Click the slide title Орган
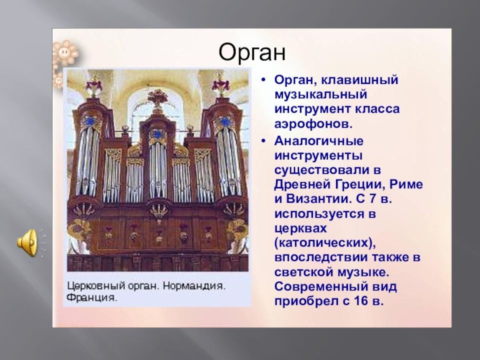pyautogui.click(x=252, y=53)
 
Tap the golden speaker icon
pyautogui.click(x=27, y=242)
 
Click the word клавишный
pyautogui.click(x=359, y=80)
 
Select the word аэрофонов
pyautogui.click(x=313, y=123)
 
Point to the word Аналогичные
pyautogui.click(x=318, y=141)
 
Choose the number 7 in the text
pyautogui.click(x=372, y=199)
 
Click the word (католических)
pyautogui.click(x=325, y=243)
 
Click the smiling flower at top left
pyautogui.click(x=65, y=52)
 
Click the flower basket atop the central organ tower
pyautogui.click(x=157, y=98)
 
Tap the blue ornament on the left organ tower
pyautogui.click(x=90, y=121)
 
